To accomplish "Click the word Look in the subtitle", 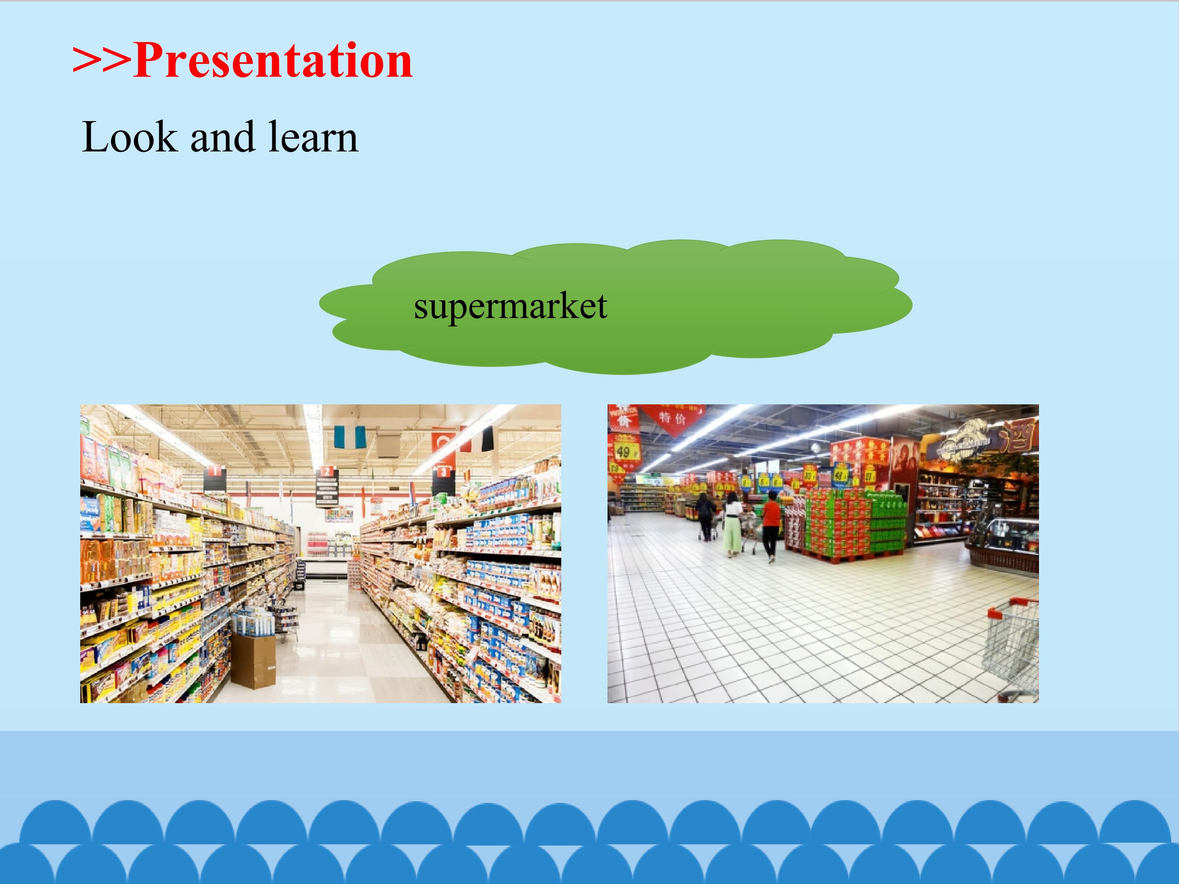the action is pos(129,137).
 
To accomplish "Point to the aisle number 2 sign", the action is pos(327,485).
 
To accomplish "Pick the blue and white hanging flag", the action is pos(350,437).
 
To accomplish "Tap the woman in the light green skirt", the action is pos(732,524).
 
